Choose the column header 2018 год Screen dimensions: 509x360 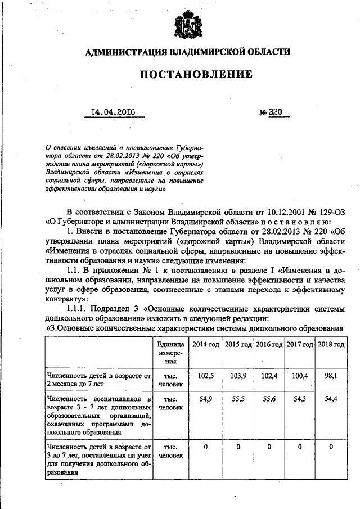point(331,344)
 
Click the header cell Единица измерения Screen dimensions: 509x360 point(167,353)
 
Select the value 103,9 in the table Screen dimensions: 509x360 point(238,375)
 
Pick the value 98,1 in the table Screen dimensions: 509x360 point(331,375)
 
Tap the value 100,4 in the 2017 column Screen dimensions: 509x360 point(300,375)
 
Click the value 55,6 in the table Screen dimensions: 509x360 point(269,398)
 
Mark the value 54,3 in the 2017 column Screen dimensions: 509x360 point(300,398)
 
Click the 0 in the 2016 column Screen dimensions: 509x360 point(269,447)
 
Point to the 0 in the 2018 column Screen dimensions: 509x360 point(331,447)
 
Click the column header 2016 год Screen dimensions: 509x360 point(269,344)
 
